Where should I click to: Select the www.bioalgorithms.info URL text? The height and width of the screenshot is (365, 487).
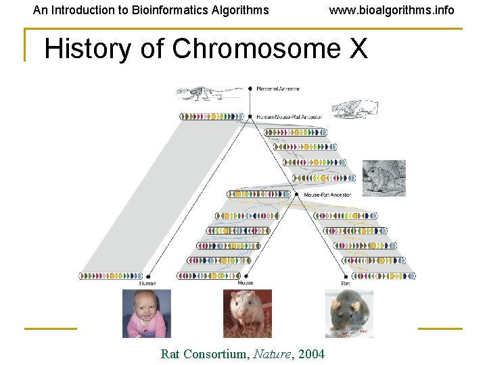[x=392, y=10]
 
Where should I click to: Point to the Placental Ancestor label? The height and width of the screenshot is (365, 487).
[x=278, y=89]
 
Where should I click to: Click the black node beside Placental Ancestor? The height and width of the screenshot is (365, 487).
[x=250, y=88]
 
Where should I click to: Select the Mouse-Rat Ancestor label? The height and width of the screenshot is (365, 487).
[x=327, y=195]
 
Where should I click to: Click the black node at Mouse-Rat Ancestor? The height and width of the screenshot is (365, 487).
[x=297, y=194]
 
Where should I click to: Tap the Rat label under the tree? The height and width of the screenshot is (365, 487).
[x=345, y=283]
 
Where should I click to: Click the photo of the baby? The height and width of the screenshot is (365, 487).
[x=146, y=313]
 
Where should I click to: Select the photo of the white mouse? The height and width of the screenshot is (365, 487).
[x=248, y=313]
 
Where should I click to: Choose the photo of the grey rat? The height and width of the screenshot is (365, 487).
[x=349, y=313]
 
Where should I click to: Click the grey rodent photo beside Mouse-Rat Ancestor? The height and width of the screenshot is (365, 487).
[x=384, y=178]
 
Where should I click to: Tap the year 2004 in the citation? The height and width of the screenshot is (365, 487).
[x=310, y=354]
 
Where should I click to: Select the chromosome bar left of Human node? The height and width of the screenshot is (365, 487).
[x=111, y=276]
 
